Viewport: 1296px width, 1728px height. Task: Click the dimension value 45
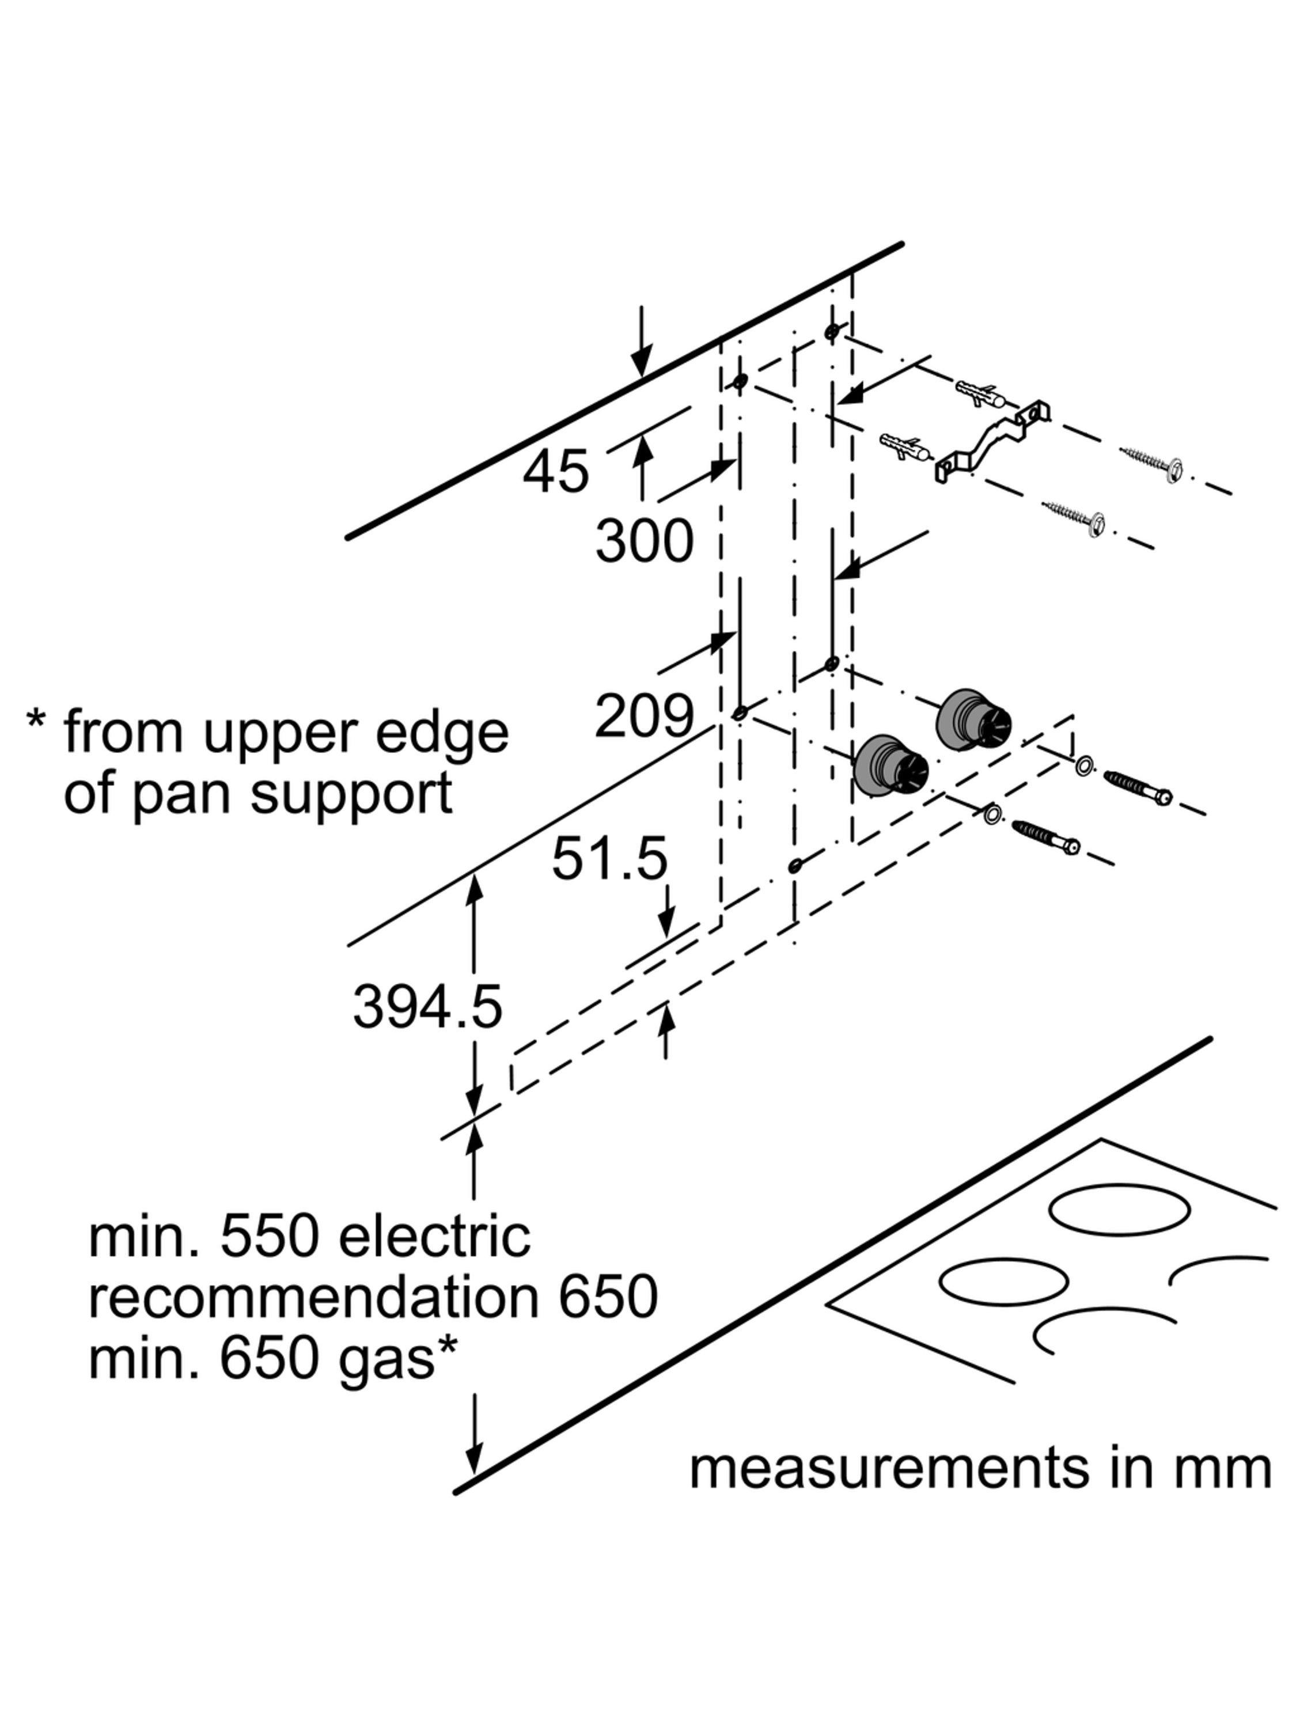[555, 471]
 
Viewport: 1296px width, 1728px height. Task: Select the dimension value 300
[644, 541]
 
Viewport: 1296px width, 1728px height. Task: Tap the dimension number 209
[644, 714]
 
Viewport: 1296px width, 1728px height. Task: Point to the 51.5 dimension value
[609, 859]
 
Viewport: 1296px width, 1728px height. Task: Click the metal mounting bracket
[992, 441]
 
